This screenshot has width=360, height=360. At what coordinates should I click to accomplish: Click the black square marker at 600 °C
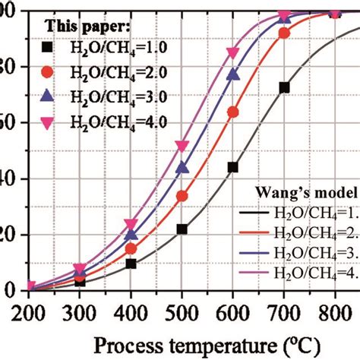(233, 167)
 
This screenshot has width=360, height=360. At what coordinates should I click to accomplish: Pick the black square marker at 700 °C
(284, 88)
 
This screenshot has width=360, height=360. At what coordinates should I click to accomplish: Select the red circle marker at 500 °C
(182, 196)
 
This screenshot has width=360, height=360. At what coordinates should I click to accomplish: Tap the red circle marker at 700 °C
(284, 33)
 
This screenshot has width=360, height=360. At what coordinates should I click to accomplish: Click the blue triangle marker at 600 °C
(233, 75)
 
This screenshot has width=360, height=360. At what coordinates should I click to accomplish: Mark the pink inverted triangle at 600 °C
(233, 53)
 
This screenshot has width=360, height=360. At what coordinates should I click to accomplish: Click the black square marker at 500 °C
(182, 229)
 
